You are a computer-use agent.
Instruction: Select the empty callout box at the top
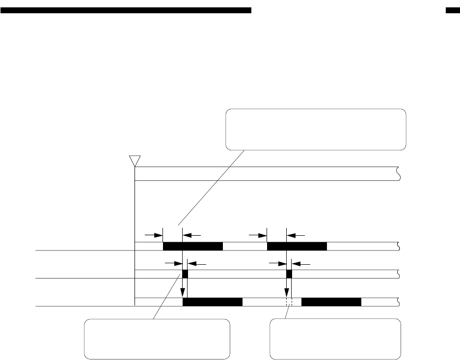pos(316,129)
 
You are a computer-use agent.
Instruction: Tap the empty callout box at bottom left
pos(157,339)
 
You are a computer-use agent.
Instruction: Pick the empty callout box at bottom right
pos(335,339)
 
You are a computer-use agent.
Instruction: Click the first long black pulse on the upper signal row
pos(192,246)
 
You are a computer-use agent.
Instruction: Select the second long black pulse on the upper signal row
pos(297,246)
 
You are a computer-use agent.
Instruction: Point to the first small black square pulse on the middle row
pos(185,274)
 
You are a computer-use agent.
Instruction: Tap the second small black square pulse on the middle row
pos(289,274)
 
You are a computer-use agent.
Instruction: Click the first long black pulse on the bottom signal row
pos(213,302)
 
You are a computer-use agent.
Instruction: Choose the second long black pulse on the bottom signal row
pos(331,302)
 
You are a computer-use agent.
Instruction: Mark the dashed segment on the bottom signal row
pos(289,302)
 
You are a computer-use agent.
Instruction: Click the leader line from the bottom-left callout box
pos(167,298)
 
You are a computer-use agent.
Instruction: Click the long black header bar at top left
pos(126,10)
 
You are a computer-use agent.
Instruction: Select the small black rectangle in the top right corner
pos(452,10)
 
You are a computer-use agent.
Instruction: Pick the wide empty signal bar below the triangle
pos(265,174)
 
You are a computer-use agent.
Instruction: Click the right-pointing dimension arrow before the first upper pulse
pos(154,235)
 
